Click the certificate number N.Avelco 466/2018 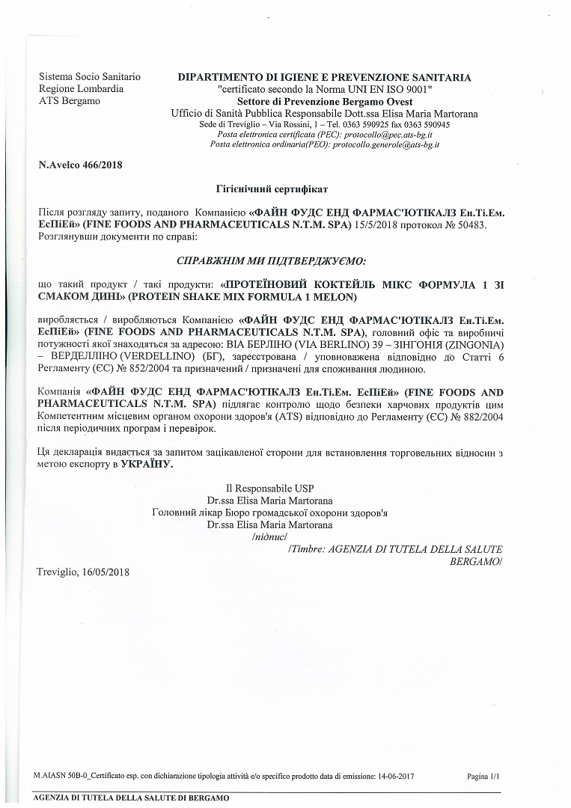[x=80, y=165]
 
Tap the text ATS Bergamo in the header [x=69, y=101]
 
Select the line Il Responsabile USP [x=269, y=489]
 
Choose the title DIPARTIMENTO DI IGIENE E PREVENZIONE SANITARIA [x=324, y=77]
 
